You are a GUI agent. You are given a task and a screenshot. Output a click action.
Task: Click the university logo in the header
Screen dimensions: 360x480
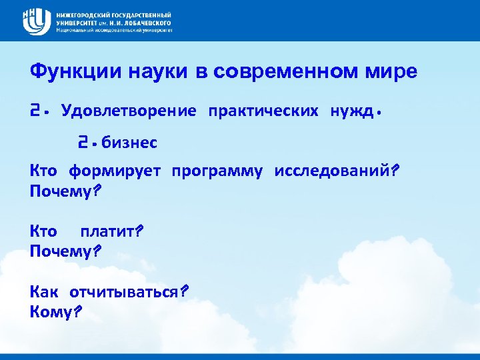[x=36, y=21]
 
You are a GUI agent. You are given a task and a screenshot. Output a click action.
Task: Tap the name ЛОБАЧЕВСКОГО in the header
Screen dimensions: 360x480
[x=143, y=22]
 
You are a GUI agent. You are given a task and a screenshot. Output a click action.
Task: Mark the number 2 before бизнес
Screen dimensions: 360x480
[x=83, y=142]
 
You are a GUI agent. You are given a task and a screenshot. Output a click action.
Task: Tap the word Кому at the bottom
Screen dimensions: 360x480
[x=53, y=311]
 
